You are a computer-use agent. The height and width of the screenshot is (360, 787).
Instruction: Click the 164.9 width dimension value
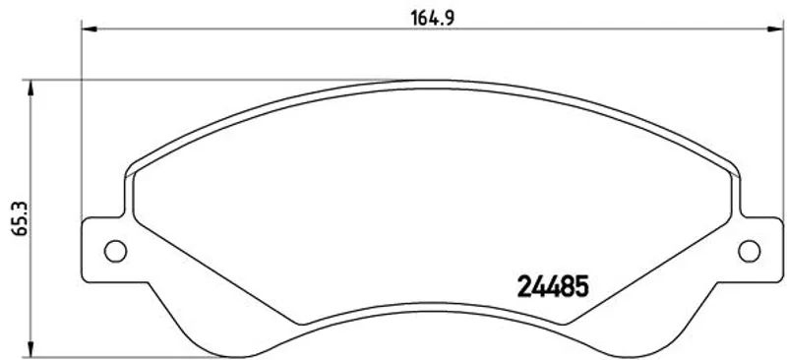[x=432, y=18]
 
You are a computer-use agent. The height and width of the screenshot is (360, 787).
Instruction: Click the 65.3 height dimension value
[x=21, y=219]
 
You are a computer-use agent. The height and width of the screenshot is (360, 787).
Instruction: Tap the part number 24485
[x=553, y=287]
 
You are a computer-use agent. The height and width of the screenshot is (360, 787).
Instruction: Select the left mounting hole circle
[x=115, y=251]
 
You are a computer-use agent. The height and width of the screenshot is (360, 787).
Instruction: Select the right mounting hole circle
[x=750, y=251]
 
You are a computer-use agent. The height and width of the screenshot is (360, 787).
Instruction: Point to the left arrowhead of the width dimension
[x=90, y=30]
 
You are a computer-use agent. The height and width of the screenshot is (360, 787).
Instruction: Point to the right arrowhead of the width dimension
[x=775, y=30]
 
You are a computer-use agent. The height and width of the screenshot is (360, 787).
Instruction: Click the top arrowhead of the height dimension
[x=31, y=88]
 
